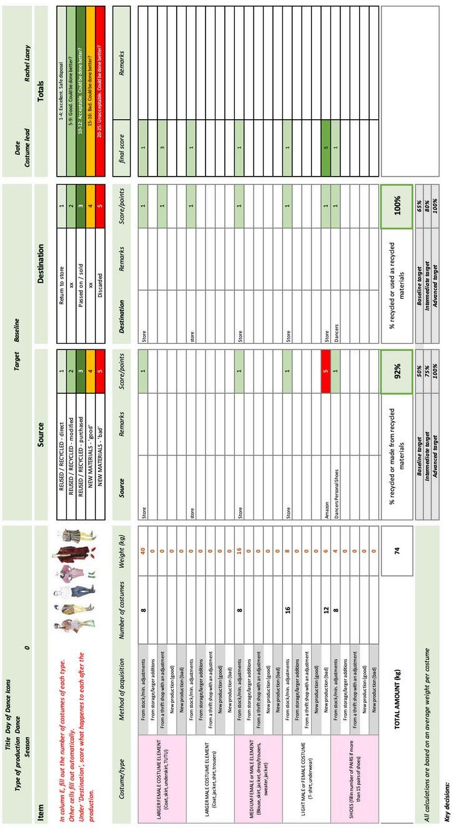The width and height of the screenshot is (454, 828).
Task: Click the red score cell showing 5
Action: tap(326, 367)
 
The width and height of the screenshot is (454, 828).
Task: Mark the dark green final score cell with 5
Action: tap(326, 142)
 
